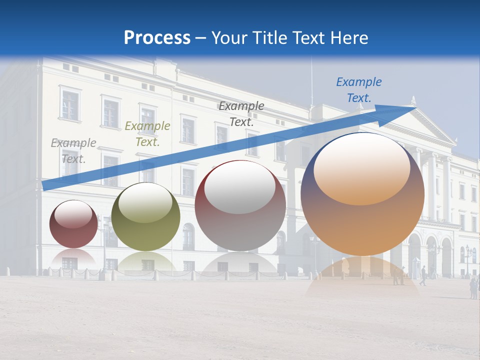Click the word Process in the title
[157, 38]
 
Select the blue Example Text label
[358, 90]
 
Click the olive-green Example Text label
[147, 134]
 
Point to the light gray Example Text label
[73, 150]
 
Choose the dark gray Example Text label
[241, 113]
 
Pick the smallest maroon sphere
[73, 224]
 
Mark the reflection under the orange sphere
[362, 277]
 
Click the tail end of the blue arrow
[45, 186]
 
